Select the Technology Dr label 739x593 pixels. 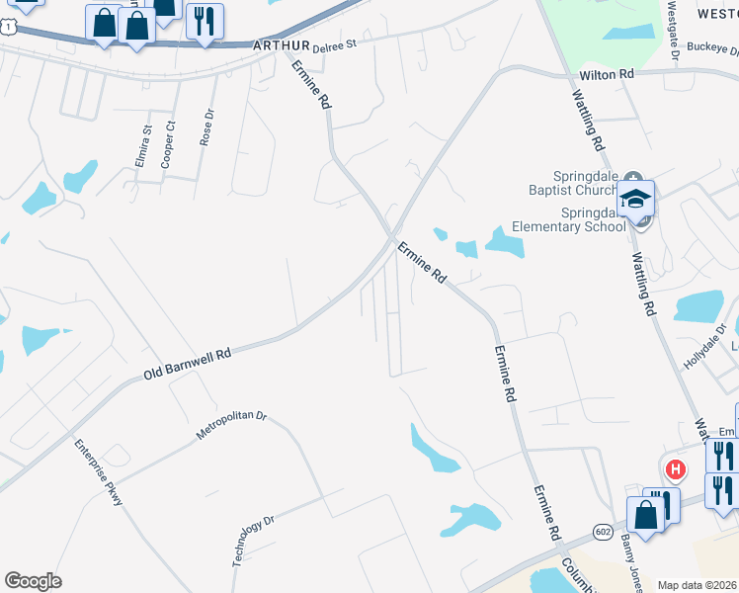tap(253, 541)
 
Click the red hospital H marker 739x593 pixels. tap(676, 468)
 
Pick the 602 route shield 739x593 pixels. tap(603, 532)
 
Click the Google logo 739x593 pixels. tap(33, 581)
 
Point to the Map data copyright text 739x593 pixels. tap(698, 585)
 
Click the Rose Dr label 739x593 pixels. tap(206, 127)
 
